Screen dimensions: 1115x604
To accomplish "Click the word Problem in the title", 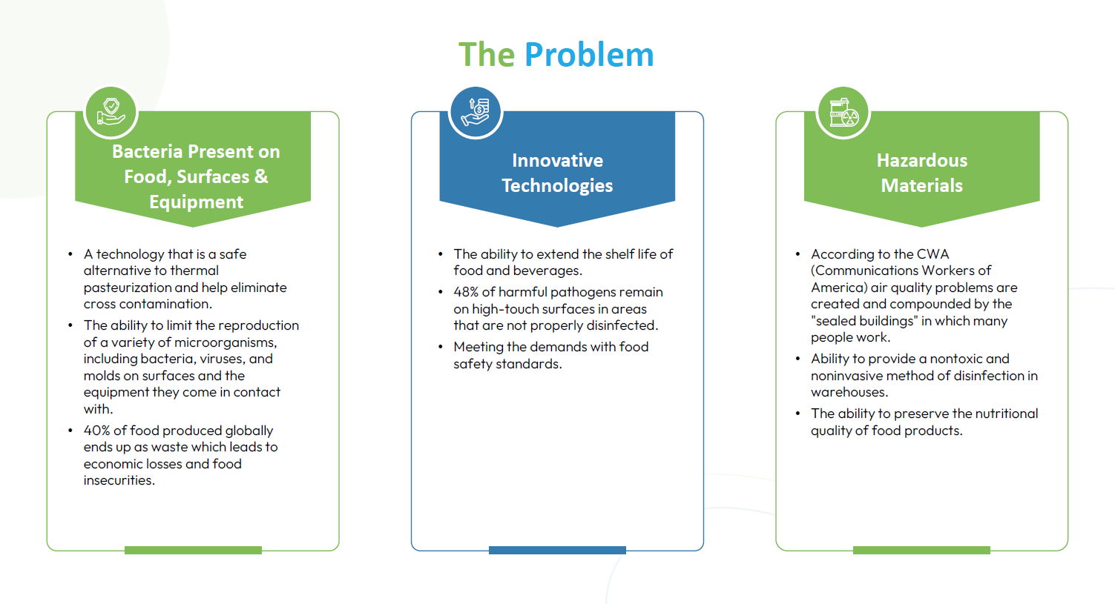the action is (x=589, y=54).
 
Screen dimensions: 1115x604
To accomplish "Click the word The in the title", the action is (x=487, y=54).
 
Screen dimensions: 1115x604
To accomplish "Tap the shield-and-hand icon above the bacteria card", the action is (x=111, y=113).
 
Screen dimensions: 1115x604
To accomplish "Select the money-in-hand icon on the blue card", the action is (x=476, y=113).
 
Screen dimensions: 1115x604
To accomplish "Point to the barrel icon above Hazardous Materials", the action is (x=843, y=113).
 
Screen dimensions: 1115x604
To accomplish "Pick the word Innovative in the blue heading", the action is (x=557, y=160).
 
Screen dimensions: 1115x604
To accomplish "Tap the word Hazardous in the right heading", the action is (x=922, y=160).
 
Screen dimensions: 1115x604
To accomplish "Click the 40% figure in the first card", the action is (x=96, y=431).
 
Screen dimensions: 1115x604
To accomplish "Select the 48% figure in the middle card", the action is (x=466, y=292).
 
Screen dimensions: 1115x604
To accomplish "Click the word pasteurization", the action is (x=128, y=288).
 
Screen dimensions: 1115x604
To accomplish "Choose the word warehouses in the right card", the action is (x=849, y=392).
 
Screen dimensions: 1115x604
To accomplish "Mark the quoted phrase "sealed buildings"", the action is (x=864, y=321).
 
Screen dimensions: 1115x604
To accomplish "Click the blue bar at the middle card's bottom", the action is (x=557, y=550).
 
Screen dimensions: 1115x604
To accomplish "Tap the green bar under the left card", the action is (x=193, y=550).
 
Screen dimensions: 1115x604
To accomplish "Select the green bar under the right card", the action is (x=921, y=550).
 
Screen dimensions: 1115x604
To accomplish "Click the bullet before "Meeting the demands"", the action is (x=441, y=347).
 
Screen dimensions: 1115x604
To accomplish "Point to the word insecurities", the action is (x=119, y=480).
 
